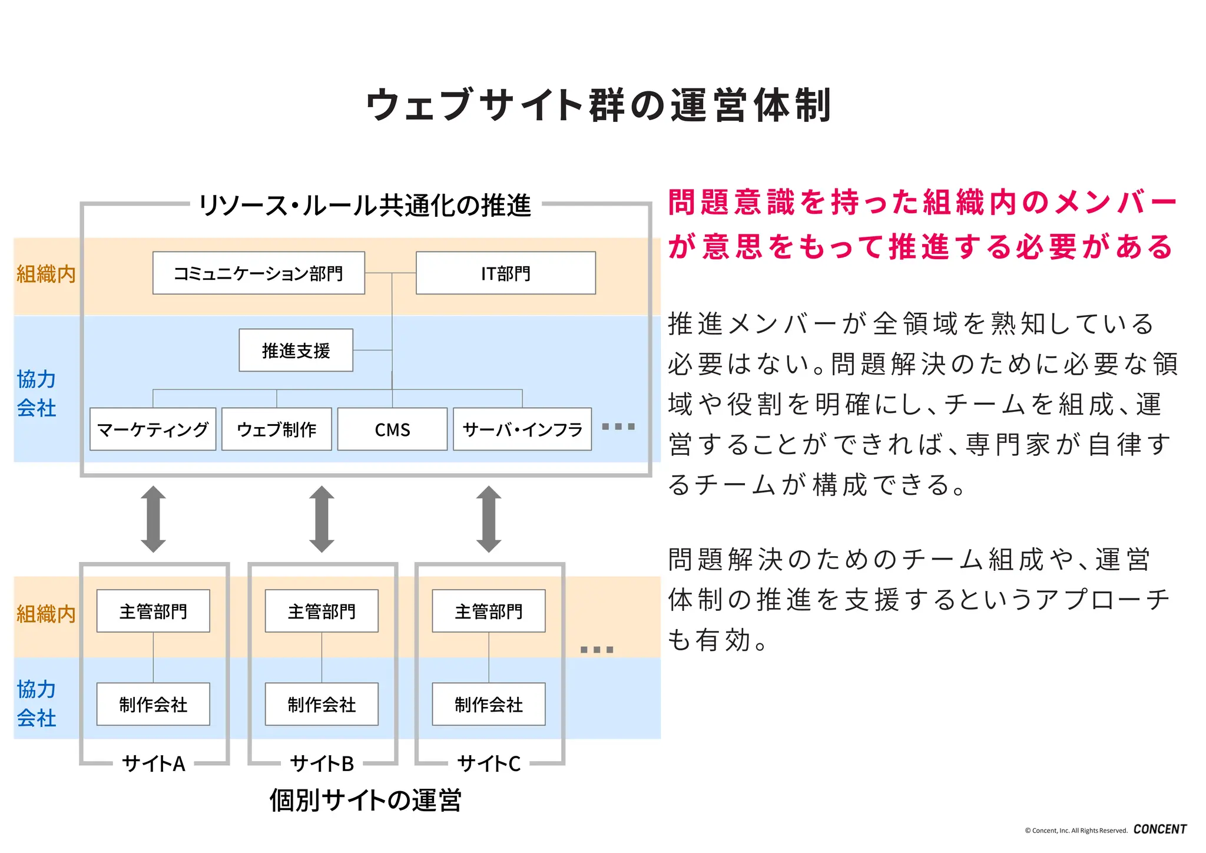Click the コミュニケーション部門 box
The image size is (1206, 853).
coord(259,273)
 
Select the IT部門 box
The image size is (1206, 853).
coord(505,273)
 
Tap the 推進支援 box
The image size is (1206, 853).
coord(296,351)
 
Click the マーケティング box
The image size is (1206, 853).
coord(153,429)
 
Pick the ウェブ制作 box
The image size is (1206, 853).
coord(277,429)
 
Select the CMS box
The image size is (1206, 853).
coord(392,429)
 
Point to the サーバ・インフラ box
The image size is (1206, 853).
coord(522,429)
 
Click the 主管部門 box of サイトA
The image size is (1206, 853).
coord(153,611)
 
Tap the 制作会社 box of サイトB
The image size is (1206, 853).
coord(322,705)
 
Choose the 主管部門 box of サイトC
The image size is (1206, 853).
coord(489,611)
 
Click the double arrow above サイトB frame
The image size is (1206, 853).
coord(322,519)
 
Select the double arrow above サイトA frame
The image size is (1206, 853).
coord(153,519)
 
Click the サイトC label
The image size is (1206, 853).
coord(489,764)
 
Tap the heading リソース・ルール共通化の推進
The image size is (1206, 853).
coord(365,206)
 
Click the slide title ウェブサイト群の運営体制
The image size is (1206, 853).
coord(598,105)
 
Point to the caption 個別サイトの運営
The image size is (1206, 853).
coord(365,801)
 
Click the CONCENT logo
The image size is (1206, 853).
coord(1159,829)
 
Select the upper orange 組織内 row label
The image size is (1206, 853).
coord(45,275)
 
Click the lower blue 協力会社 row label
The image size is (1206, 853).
coord(36,703)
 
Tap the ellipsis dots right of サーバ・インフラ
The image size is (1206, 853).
coord(618,426)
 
